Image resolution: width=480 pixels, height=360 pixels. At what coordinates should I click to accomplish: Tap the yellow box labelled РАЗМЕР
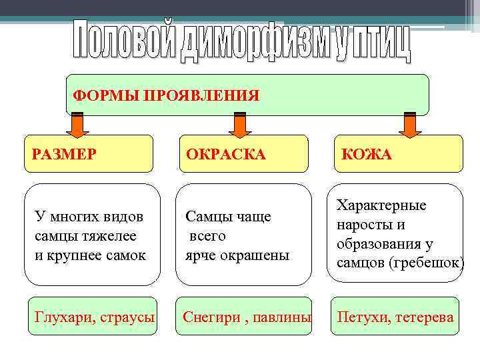tap(88, 154)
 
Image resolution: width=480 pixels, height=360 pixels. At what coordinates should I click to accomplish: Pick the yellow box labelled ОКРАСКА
tap(243, 154)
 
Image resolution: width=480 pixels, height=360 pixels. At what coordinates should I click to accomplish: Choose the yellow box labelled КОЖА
tap(398, 154)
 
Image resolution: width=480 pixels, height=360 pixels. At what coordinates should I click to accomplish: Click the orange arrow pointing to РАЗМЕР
tap(77, 125)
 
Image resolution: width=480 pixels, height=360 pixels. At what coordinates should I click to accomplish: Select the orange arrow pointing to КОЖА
tap(409, 125)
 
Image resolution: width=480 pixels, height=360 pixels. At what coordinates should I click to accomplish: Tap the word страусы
tap(128, 317)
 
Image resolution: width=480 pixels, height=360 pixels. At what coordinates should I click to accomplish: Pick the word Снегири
tap(211, 317)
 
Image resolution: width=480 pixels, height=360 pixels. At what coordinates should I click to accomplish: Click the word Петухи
tap(363, 317)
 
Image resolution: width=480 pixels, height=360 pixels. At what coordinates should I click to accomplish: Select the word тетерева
tap(424, 317)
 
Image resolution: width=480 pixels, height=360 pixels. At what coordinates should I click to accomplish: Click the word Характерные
tap(381, 205)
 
